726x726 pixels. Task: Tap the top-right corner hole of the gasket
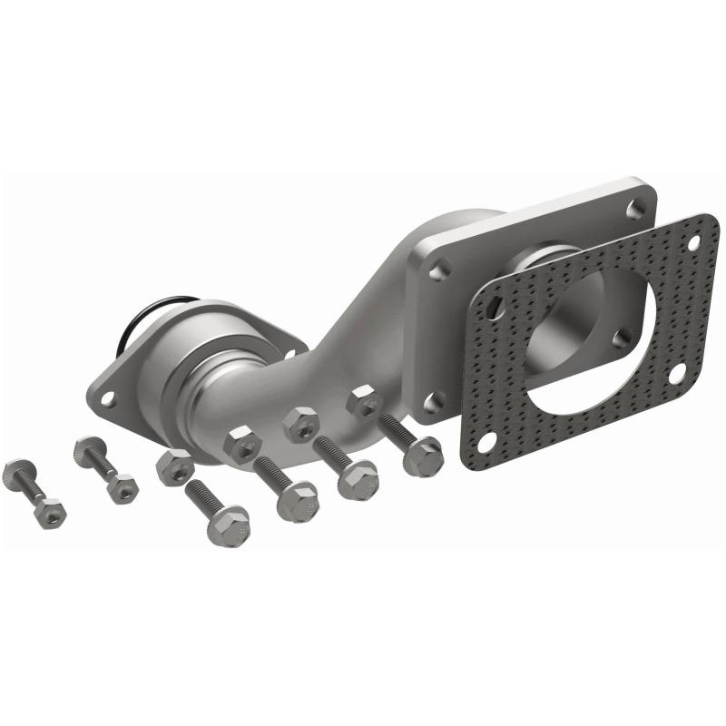pyautogui.click(x=696, y=243)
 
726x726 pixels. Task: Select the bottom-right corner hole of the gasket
pyautogui.click(x=676, y=373)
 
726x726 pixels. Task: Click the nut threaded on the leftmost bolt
pyautogui.click(x=51, y=513)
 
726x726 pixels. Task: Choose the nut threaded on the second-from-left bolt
pyautogui.click(x=122, y=487)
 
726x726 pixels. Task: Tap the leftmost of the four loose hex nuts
pyautogui.click(x=174, y=466)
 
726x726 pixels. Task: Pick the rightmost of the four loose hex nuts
pyautogui.click(x=365, y=401)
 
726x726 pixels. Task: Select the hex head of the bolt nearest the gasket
pyautogui.click(x=424, y=456)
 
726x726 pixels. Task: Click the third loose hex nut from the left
pyautogui.click(x=301, y=424)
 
